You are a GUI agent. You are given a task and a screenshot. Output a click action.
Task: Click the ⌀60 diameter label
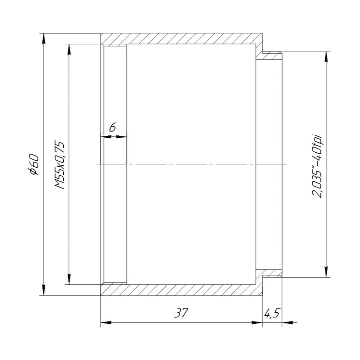pos(34,165)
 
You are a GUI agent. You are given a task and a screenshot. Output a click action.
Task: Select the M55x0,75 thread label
pos(59,165)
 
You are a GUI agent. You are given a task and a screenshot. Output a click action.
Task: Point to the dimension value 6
pos(112,127)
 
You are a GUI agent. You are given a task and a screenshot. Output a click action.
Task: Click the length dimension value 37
pos(181,313)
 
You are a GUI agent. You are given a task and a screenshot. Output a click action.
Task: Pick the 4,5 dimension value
pos(272,313)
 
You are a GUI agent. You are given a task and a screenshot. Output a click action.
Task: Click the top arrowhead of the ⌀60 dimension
pos(44,39)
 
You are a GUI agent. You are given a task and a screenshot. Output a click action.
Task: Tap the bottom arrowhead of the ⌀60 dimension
pos(44,290)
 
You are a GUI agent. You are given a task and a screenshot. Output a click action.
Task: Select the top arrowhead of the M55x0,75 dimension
pos(69,50)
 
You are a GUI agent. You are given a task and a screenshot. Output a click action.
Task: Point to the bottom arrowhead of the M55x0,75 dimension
pos(69,279)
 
